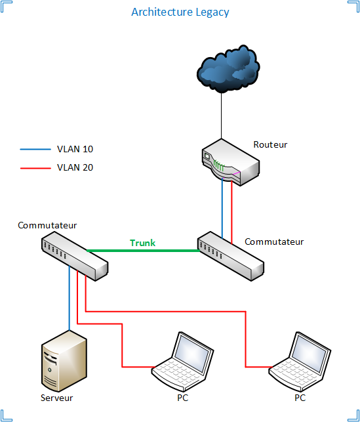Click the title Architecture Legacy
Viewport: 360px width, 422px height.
pyautogui.click(x=180, y=12)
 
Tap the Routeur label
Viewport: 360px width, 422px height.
pyautogui.click(x=270, y=144)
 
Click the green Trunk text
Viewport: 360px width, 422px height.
pyautogui.click(x=142, y=243)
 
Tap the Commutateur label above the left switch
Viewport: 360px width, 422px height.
pyautogui.click(x=47, y=225)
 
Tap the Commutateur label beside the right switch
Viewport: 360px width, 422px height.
pyautogui.click(x=274, y=242)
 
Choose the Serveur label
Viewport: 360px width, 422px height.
pyautogui.click(x=57, y=398)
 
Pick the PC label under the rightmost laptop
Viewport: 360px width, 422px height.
pyautogui.click(x=300, y=398)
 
